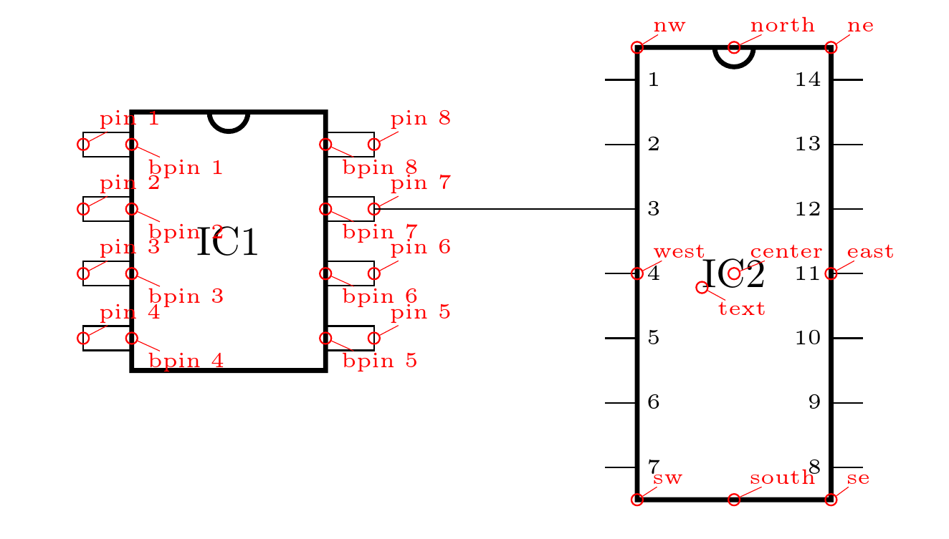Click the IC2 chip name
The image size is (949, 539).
coord(733,275)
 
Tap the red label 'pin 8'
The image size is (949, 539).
coord(420,118)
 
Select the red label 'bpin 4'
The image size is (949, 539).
coord(186,361)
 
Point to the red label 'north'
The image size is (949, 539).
coord(782,26)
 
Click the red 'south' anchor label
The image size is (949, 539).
coord(782,477)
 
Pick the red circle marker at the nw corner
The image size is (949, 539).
coord(636,48)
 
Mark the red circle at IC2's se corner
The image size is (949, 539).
coord(831,500)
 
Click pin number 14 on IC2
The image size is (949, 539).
coord(808,80)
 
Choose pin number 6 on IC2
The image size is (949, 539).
coord(653,402)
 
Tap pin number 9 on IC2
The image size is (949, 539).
coord(814,402)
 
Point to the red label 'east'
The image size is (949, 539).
coord(870,252)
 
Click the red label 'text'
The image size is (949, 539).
coord(741,309)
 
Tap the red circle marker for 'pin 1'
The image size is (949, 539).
coord(83,145)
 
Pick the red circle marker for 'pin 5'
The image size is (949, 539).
coord(373,338)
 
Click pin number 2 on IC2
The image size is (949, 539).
coord(653,145)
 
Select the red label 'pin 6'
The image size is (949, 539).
coord(420,248)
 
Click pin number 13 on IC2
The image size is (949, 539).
coord(808,145)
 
